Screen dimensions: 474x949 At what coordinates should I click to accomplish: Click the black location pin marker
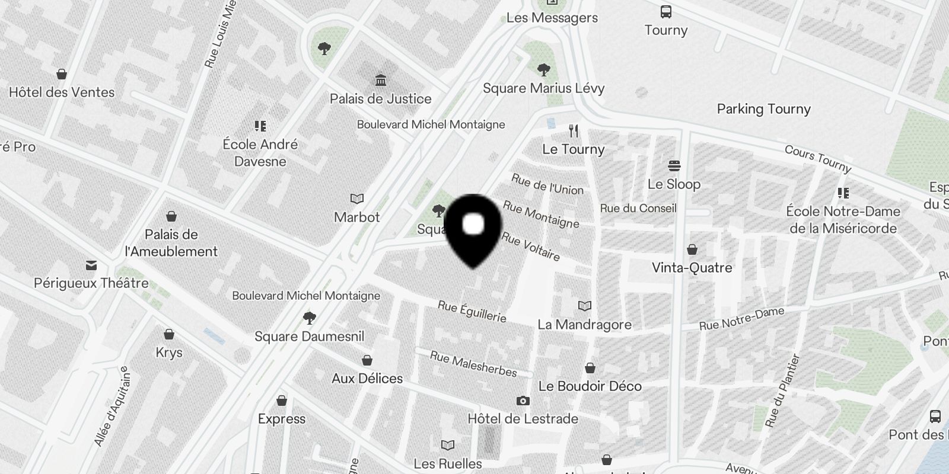(473, 229)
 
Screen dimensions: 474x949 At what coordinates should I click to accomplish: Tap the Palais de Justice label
(380, 98)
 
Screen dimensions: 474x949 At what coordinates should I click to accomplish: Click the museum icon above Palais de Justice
(380, 79)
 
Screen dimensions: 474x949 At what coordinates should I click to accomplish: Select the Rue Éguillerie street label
(472, 311)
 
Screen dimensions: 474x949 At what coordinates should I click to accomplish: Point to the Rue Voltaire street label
(531, 246)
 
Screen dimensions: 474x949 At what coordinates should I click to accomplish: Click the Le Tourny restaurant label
(573, 149)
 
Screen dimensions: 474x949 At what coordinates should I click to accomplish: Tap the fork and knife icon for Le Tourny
(573, 130)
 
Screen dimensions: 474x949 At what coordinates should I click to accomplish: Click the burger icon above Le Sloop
(674, 165)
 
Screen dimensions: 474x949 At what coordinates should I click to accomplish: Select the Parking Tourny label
(763, 109)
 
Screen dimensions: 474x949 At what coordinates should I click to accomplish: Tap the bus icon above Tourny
(666, 11)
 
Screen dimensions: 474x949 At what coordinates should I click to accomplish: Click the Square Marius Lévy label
(543, 88)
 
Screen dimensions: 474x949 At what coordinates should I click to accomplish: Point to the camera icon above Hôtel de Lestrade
(523, 401)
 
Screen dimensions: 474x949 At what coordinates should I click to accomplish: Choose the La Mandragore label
(584, 325)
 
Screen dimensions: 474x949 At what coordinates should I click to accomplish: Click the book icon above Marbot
(356, 198)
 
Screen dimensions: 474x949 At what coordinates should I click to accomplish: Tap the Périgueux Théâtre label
(91, 283)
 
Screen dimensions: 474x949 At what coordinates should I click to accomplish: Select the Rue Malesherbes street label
(473, 364)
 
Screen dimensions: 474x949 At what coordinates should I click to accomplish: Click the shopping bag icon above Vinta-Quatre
(692, 249)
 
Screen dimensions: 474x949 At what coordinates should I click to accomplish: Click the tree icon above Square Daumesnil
(308, 318)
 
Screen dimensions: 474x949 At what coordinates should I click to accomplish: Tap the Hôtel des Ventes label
(62, 92)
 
